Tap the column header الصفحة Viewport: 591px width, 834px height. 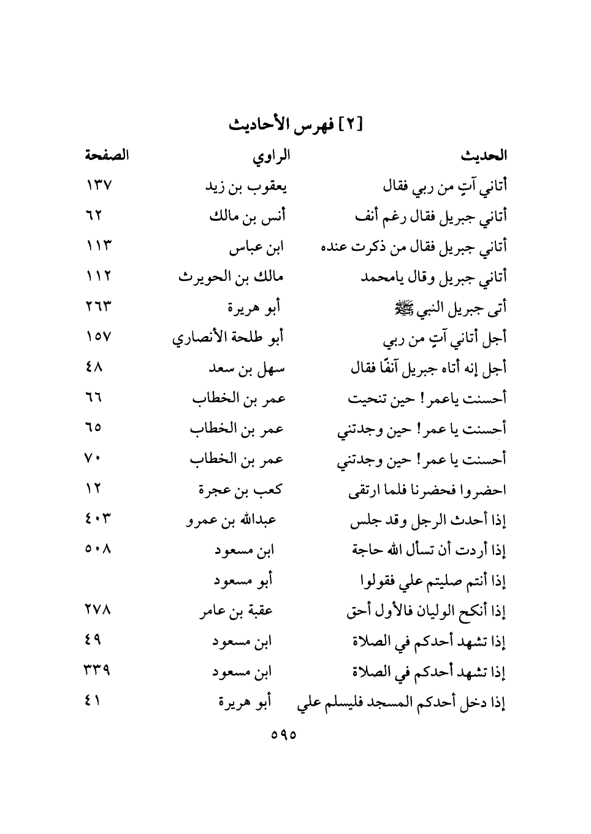(x=106, y=155)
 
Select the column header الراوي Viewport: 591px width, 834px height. (x=271, y=156)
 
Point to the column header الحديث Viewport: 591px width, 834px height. (x=484, y=156)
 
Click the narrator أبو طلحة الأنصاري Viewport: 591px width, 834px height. (x=227, y=338)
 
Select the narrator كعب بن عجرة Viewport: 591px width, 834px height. (x=240, y=490)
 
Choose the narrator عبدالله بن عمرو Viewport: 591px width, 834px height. (x=231, y=521)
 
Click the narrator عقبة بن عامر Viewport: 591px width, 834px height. (x=235, y=611)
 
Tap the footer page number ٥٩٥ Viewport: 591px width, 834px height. (x=283, y=734)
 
